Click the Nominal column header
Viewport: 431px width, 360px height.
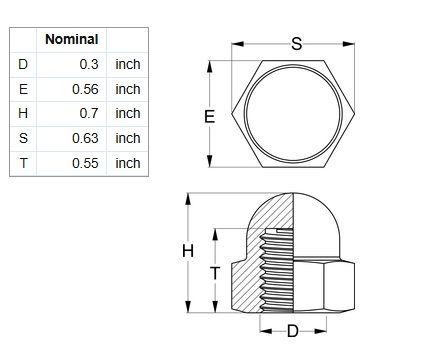tap(72, 39)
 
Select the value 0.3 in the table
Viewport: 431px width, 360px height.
tap(89, 64)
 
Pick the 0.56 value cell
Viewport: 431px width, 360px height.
tap(85, 89)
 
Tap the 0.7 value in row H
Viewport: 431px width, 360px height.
tap(89, 113)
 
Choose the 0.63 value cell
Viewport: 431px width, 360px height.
tap(85, 138)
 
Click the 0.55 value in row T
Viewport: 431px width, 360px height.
tap(85, 163)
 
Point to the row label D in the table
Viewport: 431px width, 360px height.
tap(23, 64)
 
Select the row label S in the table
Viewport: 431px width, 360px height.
tap(23, 138)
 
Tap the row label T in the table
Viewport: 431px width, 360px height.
tap(23, 163)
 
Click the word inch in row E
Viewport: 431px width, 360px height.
tap(128, 89)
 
